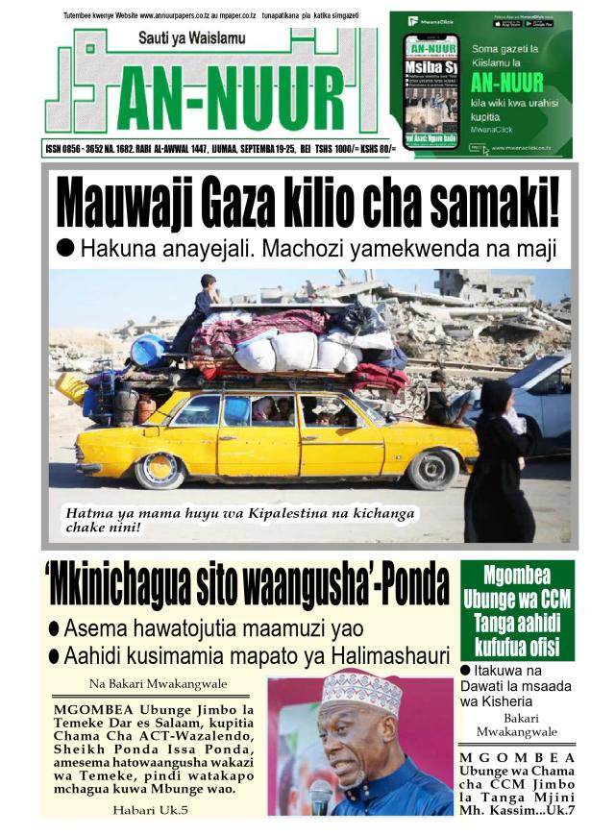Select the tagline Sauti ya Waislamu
tap(191, 38)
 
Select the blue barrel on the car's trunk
tap(149, 351)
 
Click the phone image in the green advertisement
tap(430, 91)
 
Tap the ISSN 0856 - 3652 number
tap(86, 150)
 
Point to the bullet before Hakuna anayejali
tap(66, 247)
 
